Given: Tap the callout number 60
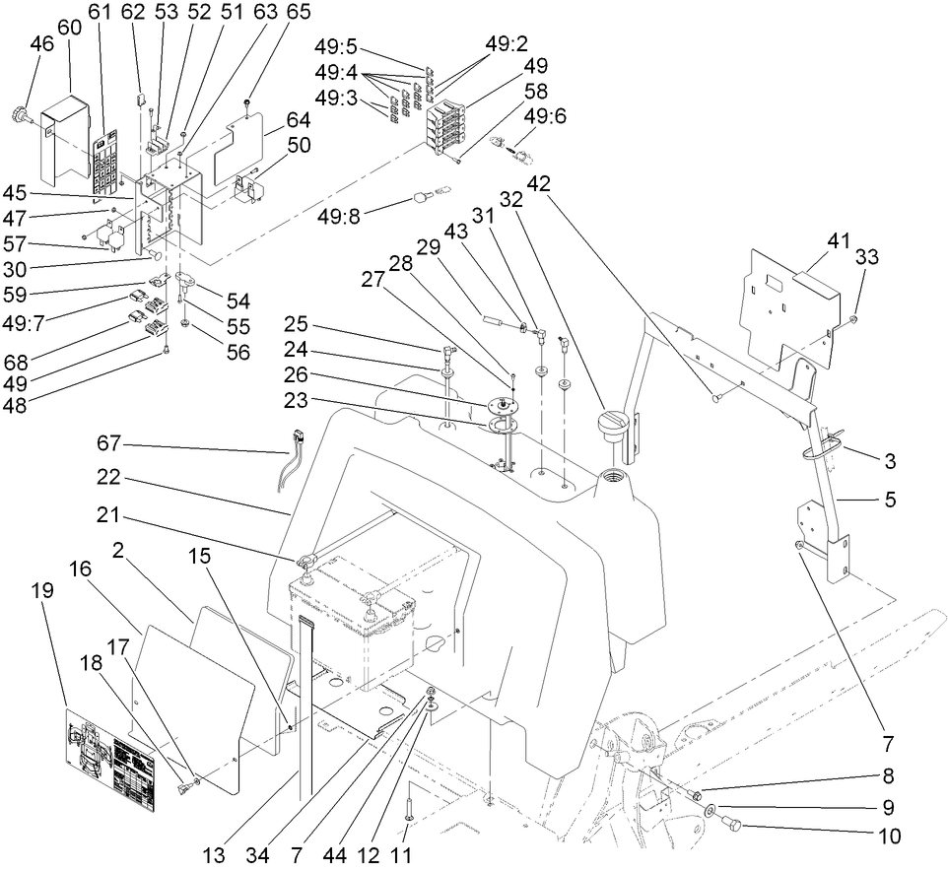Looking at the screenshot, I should tap(70, 28).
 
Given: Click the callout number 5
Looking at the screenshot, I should tap(890, 500).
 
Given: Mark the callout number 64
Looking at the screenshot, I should tap(299, 121).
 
